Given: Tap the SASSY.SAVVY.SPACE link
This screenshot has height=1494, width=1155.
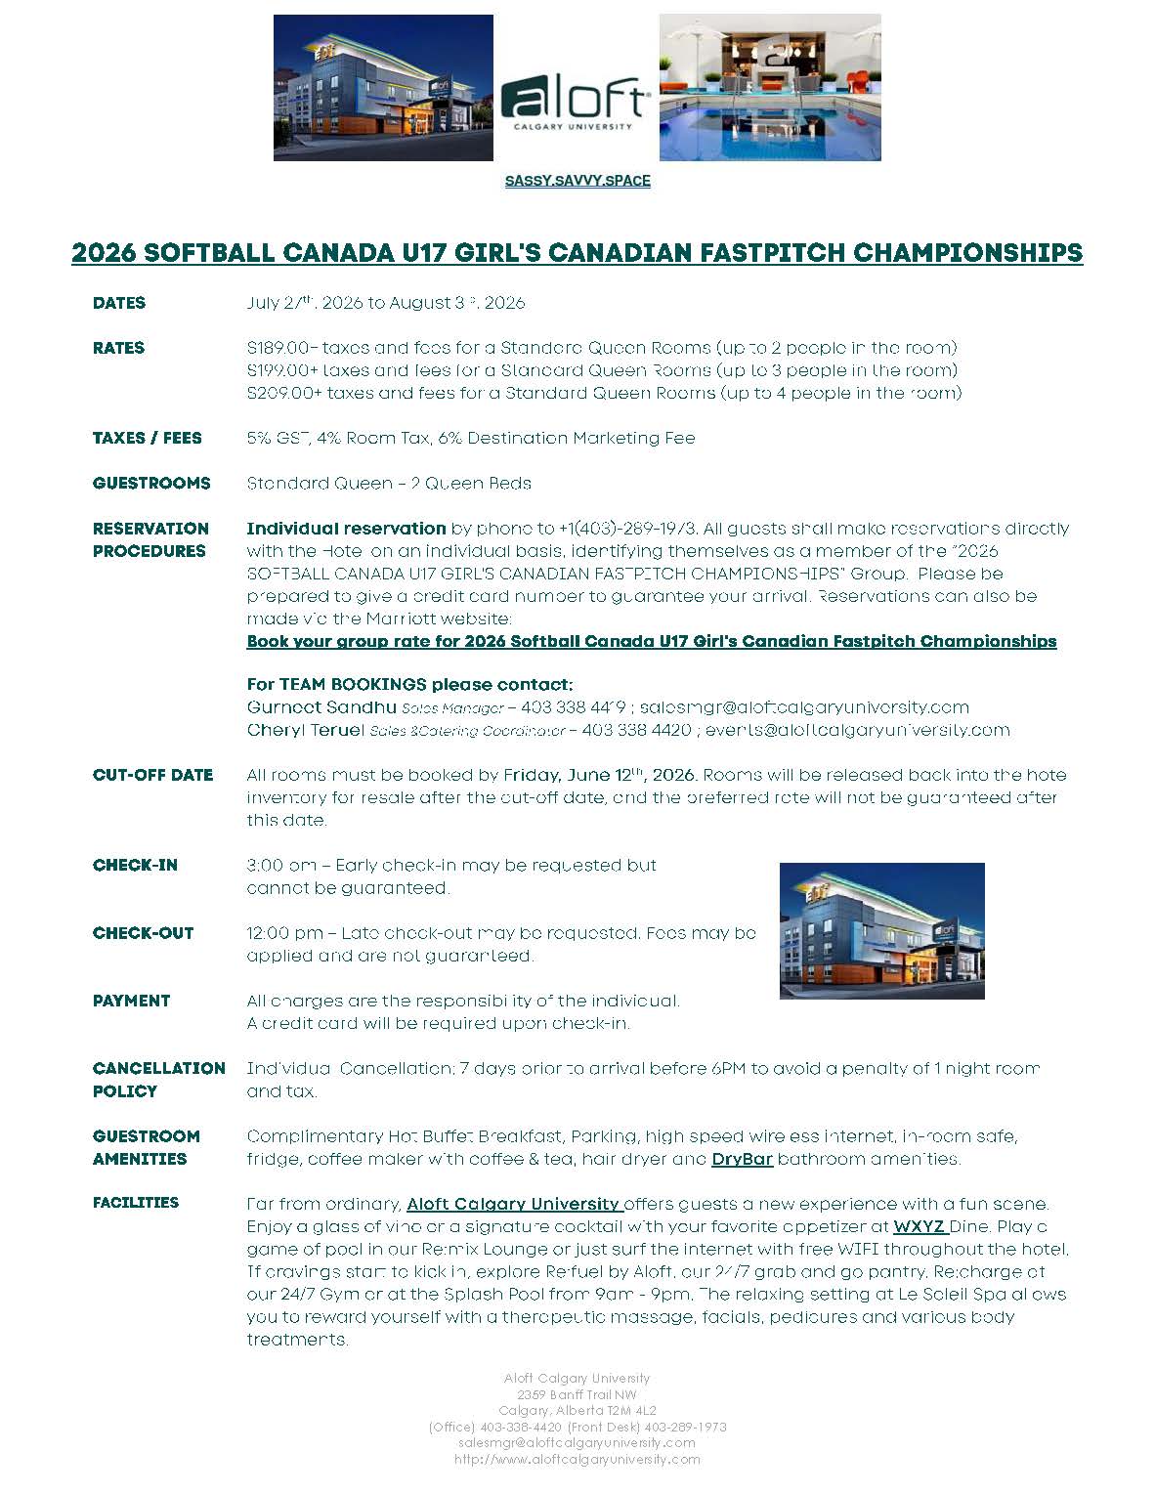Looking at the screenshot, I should [x=577, y=181].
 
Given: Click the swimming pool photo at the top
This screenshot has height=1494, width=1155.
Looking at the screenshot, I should [x=770, y=87].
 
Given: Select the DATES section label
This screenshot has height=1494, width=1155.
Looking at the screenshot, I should [x=119, y=303].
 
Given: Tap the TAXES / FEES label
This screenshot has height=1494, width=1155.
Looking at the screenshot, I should [x=148, y=438].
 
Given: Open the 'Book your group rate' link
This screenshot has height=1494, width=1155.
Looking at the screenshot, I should [x=651, y=641].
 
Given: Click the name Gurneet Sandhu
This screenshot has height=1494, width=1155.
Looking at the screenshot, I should [x=321, y=706].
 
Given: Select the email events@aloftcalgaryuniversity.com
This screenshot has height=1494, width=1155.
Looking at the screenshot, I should [x=857, y=730].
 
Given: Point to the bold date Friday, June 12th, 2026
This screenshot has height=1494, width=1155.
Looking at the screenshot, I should [x=599, y=775].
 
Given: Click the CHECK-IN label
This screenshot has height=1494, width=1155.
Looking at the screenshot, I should [x=135, y=865].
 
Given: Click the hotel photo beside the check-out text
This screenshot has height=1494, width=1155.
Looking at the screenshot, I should [x=881, y=931].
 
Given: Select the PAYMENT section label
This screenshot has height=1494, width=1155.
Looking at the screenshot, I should [x=131, y=1001].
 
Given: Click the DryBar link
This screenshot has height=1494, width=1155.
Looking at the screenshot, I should [x=742, y=1159].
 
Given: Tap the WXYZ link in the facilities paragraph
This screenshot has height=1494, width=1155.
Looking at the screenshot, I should [x=918, y=1226].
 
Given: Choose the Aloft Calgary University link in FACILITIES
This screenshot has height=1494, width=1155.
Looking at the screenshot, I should [x=513, y=1204].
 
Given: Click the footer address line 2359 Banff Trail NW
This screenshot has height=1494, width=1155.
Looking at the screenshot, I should [x=577, y=1394].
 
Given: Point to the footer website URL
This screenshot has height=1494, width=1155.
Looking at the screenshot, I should [x=577, y=1459].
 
